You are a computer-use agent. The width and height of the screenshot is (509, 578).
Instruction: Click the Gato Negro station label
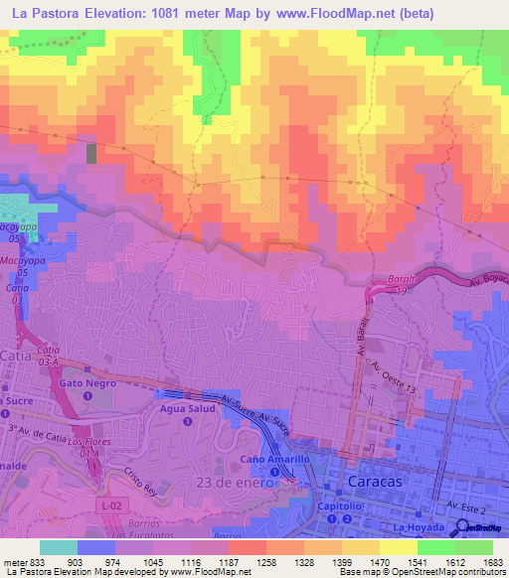[x=87, y=382]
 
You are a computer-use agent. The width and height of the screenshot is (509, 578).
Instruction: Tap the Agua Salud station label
[x=188, y=407]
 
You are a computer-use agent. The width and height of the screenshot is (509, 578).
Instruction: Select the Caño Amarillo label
[x=273, y=459]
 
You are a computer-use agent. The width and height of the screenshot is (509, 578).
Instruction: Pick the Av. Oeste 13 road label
[x=392, y=377]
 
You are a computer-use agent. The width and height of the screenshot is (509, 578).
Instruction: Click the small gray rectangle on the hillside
[x=92, y=154]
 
